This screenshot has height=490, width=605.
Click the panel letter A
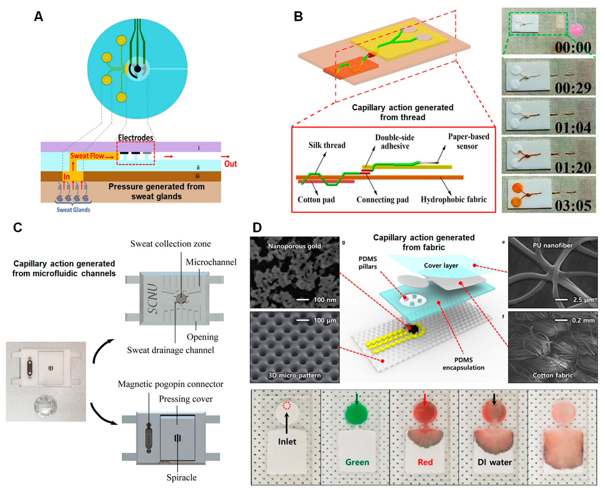38,16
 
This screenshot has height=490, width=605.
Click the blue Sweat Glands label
73,210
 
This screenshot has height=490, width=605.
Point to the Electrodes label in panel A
136,138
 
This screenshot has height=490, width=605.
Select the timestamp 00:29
573,88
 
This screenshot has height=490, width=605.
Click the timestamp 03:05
573,205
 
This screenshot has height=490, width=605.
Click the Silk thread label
327,145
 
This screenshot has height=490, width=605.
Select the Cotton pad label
316,199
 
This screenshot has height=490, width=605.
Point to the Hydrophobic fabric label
454,199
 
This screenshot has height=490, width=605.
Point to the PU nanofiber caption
552,245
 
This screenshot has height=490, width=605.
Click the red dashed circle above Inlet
286,406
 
